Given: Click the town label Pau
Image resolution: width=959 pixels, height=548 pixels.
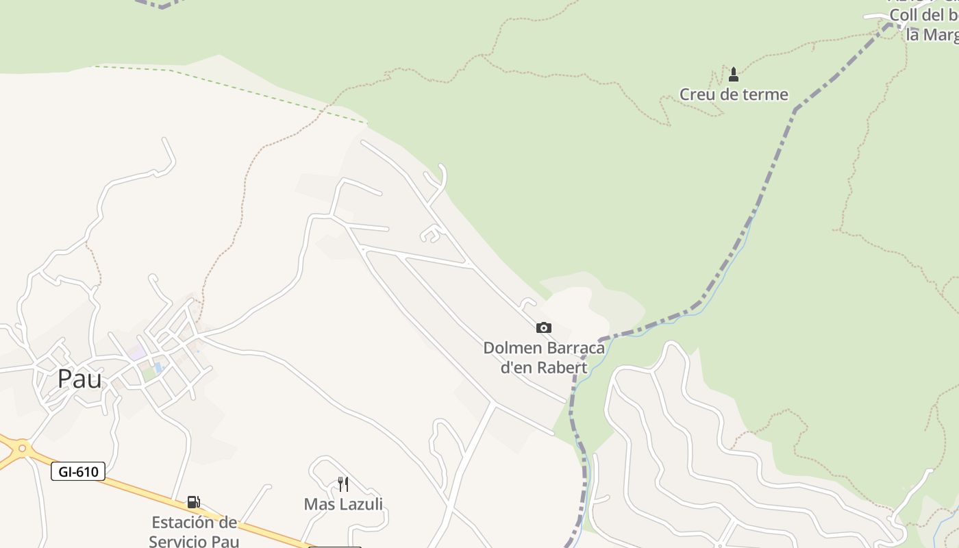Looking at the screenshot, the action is (x=79, y=379).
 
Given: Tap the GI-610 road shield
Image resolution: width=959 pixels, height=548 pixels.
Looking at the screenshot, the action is (x=78, y=471).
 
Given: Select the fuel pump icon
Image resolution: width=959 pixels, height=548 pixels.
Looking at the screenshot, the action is (x=194, y=502).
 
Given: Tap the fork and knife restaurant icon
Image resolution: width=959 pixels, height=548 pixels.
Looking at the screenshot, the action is (x=343, y=484).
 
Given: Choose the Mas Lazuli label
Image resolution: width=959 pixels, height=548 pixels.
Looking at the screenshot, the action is (x=343, y=505).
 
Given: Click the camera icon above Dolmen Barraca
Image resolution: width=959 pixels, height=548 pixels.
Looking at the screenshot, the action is (x=544, y=328).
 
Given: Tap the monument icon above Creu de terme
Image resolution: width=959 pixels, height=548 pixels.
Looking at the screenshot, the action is (x=734, y=74).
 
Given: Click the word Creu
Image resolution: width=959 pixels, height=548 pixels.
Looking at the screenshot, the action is (x=698, y=95).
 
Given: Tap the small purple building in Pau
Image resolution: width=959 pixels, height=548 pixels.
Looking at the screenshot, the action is (x=136, y=353).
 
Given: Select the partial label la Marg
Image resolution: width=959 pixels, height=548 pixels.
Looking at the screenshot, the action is (x=932, y=34).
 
